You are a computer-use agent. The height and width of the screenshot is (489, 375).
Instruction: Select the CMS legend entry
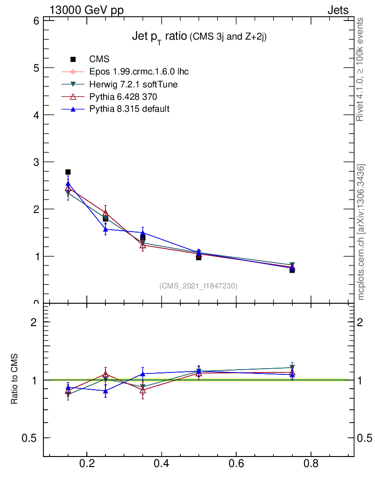coord(99,59)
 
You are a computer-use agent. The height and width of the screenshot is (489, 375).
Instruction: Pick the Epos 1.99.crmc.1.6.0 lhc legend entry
coord(139,72)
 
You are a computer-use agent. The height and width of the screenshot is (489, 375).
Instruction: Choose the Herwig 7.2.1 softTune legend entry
coord(134,84)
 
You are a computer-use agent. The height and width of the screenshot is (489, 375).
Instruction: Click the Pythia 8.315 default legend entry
coord(129,109)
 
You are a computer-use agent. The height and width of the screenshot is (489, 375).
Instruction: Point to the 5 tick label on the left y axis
coord(36,68)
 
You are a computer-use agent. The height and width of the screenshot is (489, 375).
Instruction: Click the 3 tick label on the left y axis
coord(36,162)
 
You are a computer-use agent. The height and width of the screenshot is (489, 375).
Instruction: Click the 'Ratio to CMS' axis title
coord(15,380)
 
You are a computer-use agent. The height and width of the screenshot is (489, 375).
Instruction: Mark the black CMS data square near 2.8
coord(68,172)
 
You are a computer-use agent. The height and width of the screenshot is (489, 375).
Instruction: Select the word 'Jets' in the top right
coord(337,10)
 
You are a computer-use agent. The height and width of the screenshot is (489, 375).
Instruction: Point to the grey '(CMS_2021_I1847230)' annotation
coord(198,286)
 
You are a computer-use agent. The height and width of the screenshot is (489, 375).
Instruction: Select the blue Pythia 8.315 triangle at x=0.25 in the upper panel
coord(105,229)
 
